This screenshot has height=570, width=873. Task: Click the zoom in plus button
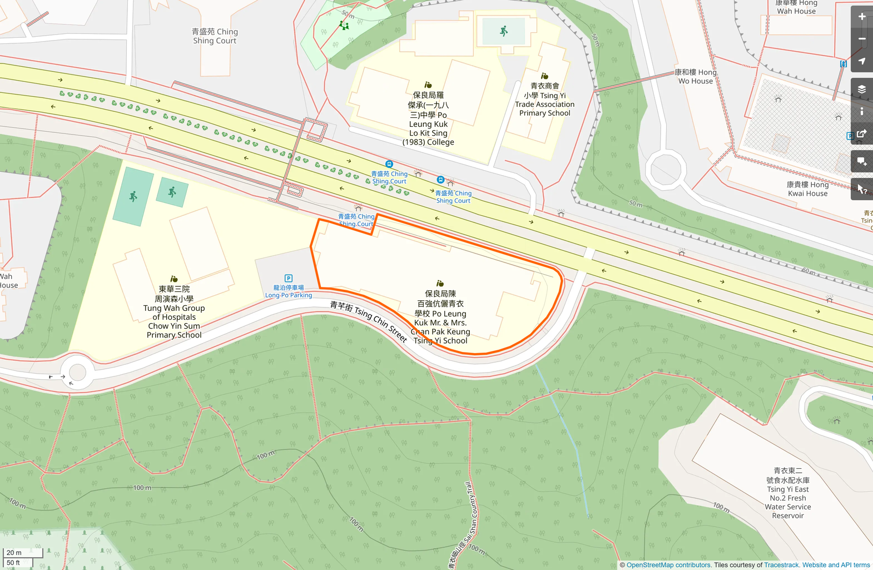point(861,17)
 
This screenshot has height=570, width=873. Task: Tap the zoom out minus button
point(861,39)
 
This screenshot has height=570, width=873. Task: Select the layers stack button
point(861,89)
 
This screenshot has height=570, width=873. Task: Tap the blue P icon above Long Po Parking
point(289,278)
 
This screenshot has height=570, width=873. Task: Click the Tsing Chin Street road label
point(369,321)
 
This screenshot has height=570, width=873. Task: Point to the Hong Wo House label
point(695,77)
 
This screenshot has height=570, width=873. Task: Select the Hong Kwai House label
point(807,189)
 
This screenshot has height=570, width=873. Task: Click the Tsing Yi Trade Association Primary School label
point(544,100)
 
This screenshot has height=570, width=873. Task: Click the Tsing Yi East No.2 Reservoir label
point(788,493)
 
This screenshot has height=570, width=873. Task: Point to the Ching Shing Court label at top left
point(215,36)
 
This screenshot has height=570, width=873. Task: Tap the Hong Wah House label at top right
point(796,7)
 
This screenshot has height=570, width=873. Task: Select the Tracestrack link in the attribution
point(781,565)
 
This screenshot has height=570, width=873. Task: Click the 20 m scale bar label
point(14,553)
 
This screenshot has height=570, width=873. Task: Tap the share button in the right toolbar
point(861,133)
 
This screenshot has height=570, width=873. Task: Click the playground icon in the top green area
point(344,25)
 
